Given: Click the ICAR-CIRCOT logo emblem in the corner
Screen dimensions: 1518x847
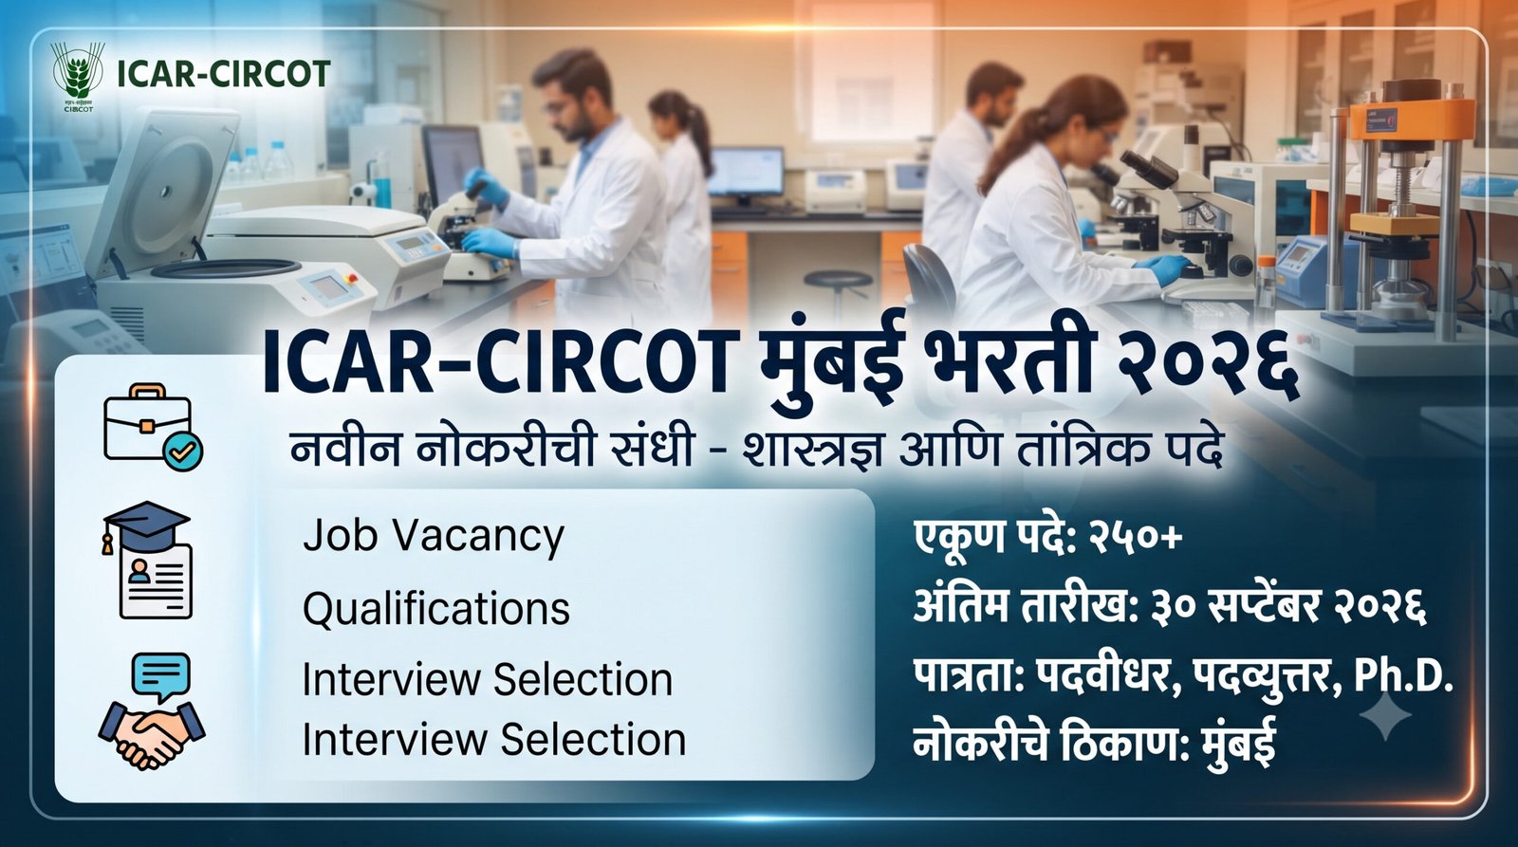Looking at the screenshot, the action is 78,75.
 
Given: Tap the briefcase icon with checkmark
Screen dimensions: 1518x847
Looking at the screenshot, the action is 153,427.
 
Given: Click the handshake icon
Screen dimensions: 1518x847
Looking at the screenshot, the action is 152,735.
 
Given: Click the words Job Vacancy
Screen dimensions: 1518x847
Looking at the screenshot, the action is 433,537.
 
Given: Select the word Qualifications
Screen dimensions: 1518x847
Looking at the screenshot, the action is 435,609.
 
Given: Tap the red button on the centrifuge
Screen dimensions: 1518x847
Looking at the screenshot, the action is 351,277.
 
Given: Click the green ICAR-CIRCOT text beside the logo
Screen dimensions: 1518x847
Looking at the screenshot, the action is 224,75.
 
